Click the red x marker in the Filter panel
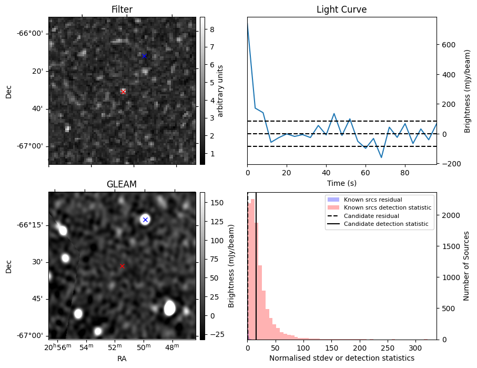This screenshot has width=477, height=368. [x=124, y=92]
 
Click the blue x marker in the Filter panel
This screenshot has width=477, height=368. [x=145, y=56]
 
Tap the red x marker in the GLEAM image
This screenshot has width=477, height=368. [x=122, y=266]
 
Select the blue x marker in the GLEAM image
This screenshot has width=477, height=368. [x=145, y=220]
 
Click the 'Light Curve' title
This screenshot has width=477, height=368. [x=341, y=9]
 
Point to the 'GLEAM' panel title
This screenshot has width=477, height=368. [x=121, y=184]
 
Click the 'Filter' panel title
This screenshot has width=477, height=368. [x=121, y=9]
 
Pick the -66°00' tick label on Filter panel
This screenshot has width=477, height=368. [x=29, y=34]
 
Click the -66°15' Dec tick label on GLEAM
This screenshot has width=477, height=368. [x=29, y=225]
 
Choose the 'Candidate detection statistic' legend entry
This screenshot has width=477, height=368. [x=385, y=224]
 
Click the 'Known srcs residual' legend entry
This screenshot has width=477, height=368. [x=373, y=200]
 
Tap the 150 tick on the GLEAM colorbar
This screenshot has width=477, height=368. [x=217, y=203]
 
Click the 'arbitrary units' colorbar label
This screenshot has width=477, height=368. [x=221, y=91]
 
